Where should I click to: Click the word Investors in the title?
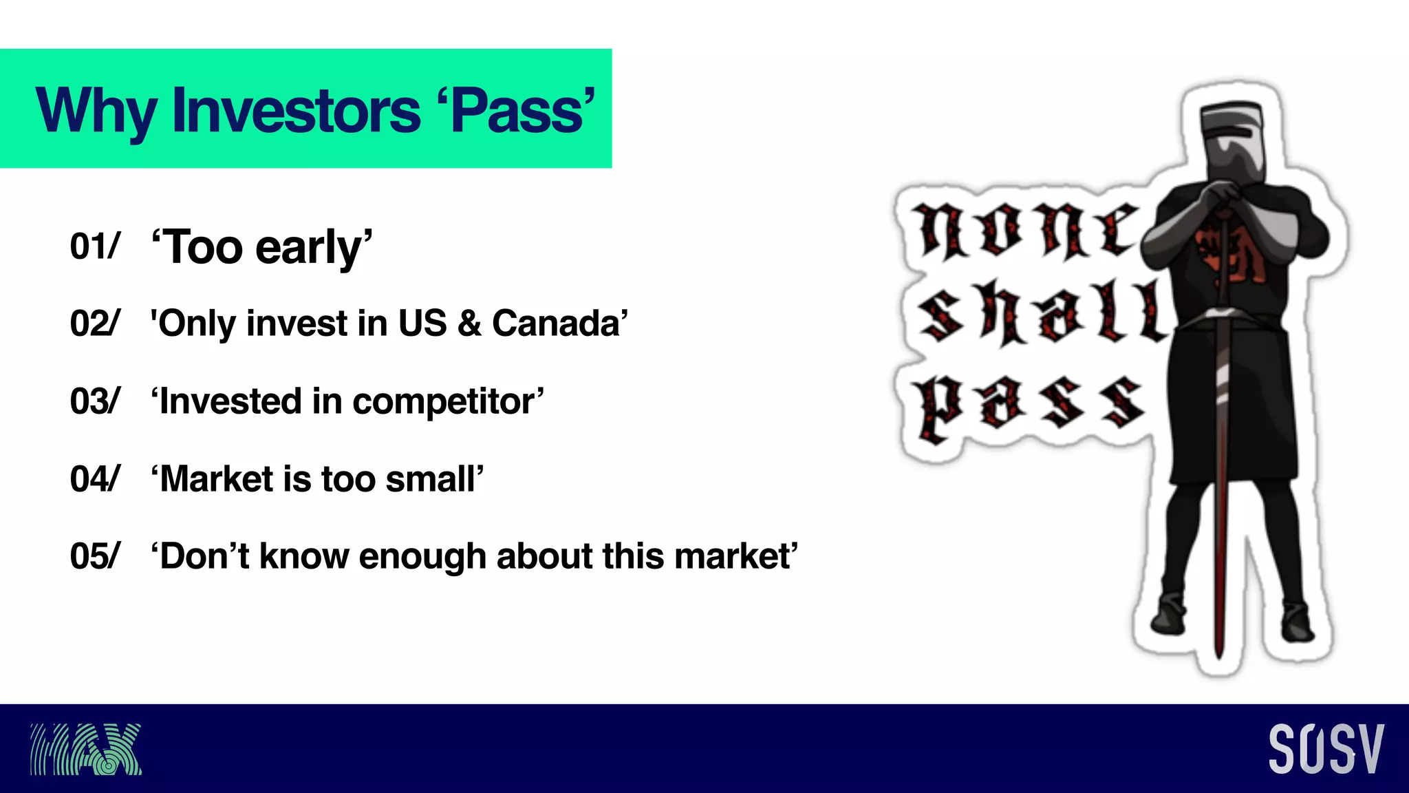(x=296, y=111)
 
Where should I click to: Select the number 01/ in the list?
(x=95, y=246)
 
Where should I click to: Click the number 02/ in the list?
(x=95, y=324)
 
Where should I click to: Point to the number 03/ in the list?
(x=95, y=401)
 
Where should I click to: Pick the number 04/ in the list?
(x=95, y=479)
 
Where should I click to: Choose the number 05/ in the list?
(x=95, y=556)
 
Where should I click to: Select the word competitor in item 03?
(x=447, y=401)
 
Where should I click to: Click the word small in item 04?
(x=433, y=479)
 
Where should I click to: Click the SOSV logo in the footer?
(x=1326, y=749)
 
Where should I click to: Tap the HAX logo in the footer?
(x=86, y=749)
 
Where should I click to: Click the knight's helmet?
(x=1233, y=141)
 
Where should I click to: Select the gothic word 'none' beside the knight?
(x=1025, y=231)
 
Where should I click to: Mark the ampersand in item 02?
(x=469, y=324)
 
